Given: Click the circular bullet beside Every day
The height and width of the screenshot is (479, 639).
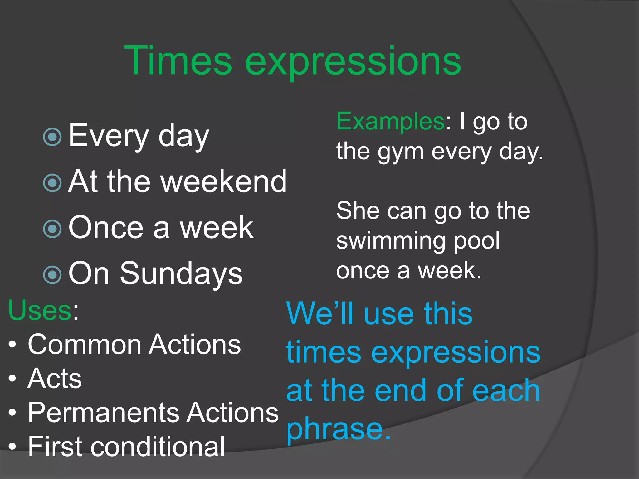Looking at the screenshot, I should pos(52,137).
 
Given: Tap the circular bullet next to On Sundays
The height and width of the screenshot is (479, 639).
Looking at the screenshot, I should pos(52,275).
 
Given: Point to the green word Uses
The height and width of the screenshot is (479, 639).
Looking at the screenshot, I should pos(40,310).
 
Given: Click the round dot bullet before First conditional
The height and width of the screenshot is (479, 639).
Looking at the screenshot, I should pos(12,447).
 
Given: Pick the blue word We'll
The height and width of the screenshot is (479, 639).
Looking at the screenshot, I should pos(321,313).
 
